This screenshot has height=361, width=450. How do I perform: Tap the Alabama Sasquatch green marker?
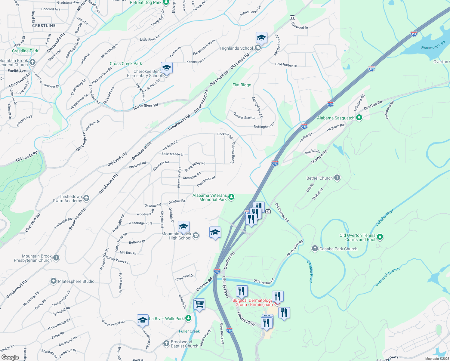tap(359, 118)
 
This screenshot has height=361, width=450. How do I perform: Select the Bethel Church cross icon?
tap(337, 178)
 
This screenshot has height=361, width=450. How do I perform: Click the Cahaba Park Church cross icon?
tap(315, 248)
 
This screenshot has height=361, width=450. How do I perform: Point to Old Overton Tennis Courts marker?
tap(380, 237)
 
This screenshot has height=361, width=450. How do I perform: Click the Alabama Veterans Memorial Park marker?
tap(231, 197)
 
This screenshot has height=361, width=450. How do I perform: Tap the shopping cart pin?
tap(199, 304)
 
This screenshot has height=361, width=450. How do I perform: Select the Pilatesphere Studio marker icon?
tap(53, 281)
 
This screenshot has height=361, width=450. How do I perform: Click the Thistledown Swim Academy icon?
tap(86, 198)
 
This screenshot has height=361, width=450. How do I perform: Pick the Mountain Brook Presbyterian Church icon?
tap(56, 258)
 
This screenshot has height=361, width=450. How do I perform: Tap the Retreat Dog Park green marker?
tap(166, 2)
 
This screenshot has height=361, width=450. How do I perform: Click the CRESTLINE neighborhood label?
tap(44, 26)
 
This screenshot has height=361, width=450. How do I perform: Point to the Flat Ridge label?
tap(242, 85)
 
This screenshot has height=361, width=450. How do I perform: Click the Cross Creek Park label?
tap(126, 63)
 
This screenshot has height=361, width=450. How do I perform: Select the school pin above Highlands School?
tap(261, 38)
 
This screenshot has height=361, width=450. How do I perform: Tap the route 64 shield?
tap(292, 18)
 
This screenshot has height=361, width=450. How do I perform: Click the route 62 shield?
tap(268, 211)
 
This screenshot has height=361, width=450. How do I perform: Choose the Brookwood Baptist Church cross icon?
tap(166, 343)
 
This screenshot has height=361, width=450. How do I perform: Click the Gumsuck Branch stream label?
tap(387, 277)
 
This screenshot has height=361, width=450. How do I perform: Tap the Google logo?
tap(10, 357)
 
